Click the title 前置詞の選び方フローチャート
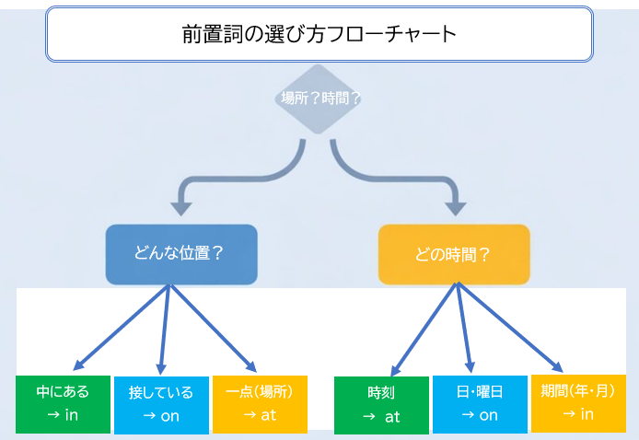(319, 35)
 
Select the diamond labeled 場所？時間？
(319, 98)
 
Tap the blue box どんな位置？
(180, 253)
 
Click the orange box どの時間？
(454, 253)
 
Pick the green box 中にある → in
(63, 403)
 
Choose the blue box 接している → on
(160, 403)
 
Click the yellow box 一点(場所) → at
(259, 403)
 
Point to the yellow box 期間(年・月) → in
(578, 403)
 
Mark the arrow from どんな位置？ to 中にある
(120, 327)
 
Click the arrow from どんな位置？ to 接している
(164, 327)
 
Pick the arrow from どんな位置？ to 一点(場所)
(212, 327)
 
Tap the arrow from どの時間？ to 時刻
(425, 327)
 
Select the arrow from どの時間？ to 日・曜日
(464, 327)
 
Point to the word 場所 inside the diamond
(295, 98)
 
